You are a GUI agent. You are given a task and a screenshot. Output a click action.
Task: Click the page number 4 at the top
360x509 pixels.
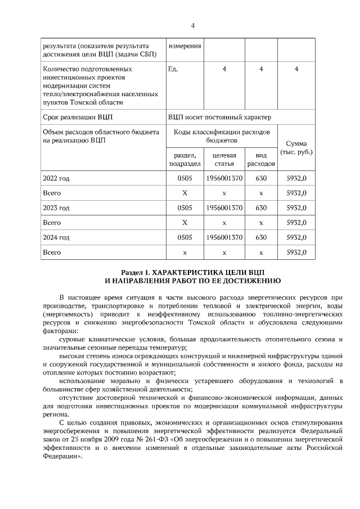click(192, 25)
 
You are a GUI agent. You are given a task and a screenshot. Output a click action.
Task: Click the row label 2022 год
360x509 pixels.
click(56, 178)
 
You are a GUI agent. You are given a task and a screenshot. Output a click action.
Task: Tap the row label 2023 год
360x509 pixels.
click(56, 208)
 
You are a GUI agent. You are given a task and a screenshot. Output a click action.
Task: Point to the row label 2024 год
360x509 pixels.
click(56, 237)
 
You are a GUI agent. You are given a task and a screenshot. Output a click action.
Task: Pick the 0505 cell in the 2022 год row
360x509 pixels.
click(184, 178)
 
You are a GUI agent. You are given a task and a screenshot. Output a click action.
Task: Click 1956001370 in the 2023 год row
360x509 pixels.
click(224, 208)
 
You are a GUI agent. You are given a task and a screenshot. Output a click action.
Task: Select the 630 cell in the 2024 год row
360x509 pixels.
click(261, 237)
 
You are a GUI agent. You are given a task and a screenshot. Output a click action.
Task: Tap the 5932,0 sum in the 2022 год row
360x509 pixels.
click(296, 178)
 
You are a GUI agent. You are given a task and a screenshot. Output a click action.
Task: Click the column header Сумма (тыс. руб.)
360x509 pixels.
click(296, 148)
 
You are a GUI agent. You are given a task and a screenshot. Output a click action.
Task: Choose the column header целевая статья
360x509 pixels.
click(224, 159)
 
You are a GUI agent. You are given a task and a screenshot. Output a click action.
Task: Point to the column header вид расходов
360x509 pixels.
click(261, 159)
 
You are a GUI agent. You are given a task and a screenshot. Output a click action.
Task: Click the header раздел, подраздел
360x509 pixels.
click(184, 159)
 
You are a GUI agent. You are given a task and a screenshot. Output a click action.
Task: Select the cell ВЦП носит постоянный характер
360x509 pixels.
click(219, 117)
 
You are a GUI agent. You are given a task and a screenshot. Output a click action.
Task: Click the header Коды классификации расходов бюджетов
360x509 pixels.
click(222, 135)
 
